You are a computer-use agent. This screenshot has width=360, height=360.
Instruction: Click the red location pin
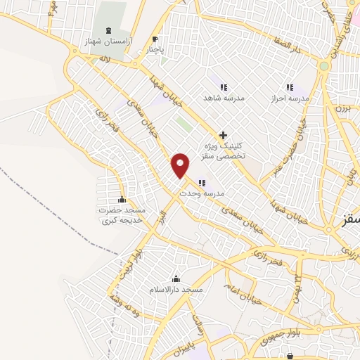(x=181, y=165)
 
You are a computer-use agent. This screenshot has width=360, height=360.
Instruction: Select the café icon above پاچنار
(x=155, y=39)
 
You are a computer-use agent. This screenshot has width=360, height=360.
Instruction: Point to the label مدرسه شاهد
(x=223, y=99)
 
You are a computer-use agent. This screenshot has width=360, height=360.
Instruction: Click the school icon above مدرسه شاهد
(x=223, y=87)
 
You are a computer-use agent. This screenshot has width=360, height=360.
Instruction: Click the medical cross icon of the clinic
(x=223, y=134)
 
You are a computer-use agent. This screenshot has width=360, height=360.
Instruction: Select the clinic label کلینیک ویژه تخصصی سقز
(x=223, y=150)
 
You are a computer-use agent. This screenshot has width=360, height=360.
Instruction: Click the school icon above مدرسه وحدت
(x=202, y=183)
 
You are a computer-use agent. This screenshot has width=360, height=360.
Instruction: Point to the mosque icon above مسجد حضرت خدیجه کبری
(x=123, y=199)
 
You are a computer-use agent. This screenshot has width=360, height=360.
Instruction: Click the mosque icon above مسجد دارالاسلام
(x=176, y=278)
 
